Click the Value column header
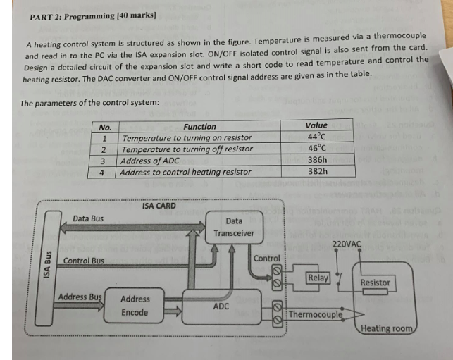(316, 125)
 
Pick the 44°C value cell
(316, 137)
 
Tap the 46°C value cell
(316, 148)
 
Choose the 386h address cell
(317, 159)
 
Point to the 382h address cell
(317, 170)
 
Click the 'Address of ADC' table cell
(151, 161)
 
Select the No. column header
(106, 128)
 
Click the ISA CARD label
(159, 206)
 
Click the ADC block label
(221, 307)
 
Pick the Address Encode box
(135, 306)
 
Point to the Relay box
(318, 278)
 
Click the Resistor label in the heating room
(375, 283)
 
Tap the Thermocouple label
(315, 314)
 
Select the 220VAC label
(347, 244)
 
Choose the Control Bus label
(83, 261)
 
